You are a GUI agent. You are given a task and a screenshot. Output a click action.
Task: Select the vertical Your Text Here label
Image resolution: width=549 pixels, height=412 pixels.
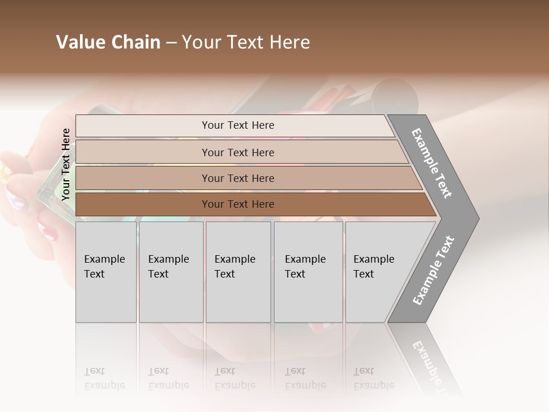click(x=66, y=164)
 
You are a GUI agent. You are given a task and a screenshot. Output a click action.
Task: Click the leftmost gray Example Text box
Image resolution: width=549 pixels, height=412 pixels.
click(x=106, y=272)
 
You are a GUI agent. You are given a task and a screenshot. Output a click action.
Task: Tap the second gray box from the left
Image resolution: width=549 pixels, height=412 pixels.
click(x=171, y=272)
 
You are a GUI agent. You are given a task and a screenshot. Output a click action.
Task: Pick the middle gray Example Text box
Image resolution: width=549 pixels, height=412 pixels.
click(x=238, y=272)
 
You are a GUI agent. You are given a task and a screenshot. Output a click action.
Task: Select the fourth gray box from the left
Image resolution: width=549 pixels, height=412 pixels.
click(x=308, y=272)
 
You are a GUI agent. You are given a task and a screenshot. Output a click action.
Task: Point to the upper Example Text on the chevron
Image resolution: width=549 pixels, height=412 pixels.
click(x=432, y=163)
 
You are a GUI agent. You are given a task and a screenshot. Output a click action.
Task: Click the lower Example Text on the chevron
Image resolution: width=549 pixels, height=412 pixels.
click(x=433, y=270)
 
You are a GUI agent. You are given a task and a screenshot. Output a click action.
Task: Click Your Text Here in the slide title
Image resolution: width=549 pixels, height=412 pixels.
click(x=246, y=42)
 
